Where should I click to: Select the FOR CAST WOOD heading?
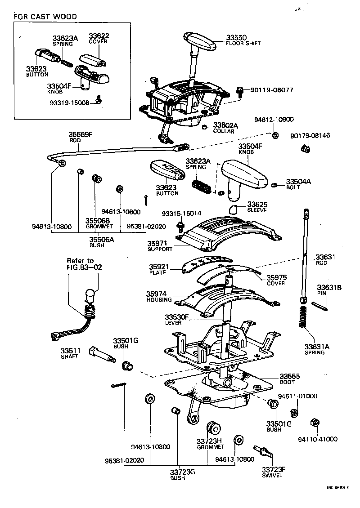pyautogui.click(x=45, y=17)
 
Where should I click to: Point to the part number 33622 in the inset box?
pyautogui.click(x=99, y=36)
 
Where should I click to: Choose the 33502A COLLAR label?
pyautogui.click(x=224, y=128)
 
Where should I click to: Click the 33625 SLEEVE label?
pyautogui.click(x=256, y=207)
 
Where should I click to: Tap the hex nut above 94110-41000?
pyautogui.click(x=315, y=423)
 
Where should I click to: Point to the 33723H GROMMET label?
pyautogui.click(x=210, y=444)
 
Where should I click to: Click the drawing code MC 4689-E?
pyautogui.click(x=338, y=487)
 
